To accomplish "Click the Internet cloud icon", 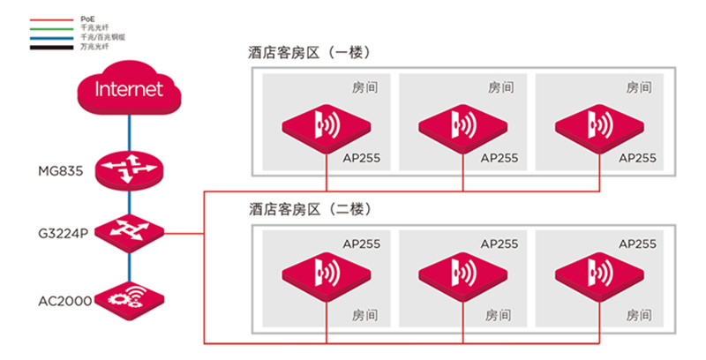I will click(x=129, y=89).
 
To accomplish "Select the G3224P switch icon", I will click(x=129, y=233).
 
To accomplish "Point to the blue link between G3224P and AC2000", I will click(x=129, y=266).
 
